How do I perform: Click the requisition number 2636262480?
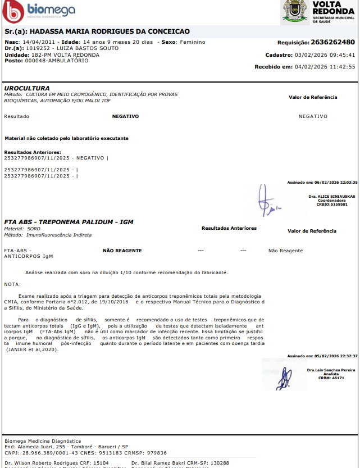[x=333, y=42]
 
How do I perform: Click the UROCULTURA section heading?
[x=27, y=88]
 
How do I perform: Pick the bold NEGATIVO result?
[x=125, y=116]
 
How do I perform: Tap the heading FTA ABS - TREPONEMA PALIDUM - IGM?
[x=69, y=222]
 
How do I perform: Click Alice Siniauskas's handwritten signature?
[x=268, y=201]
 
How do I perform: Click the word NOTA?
[x=12, y=284]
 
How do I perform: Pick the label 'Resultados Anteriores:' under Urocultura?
[x=33, y=152]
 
